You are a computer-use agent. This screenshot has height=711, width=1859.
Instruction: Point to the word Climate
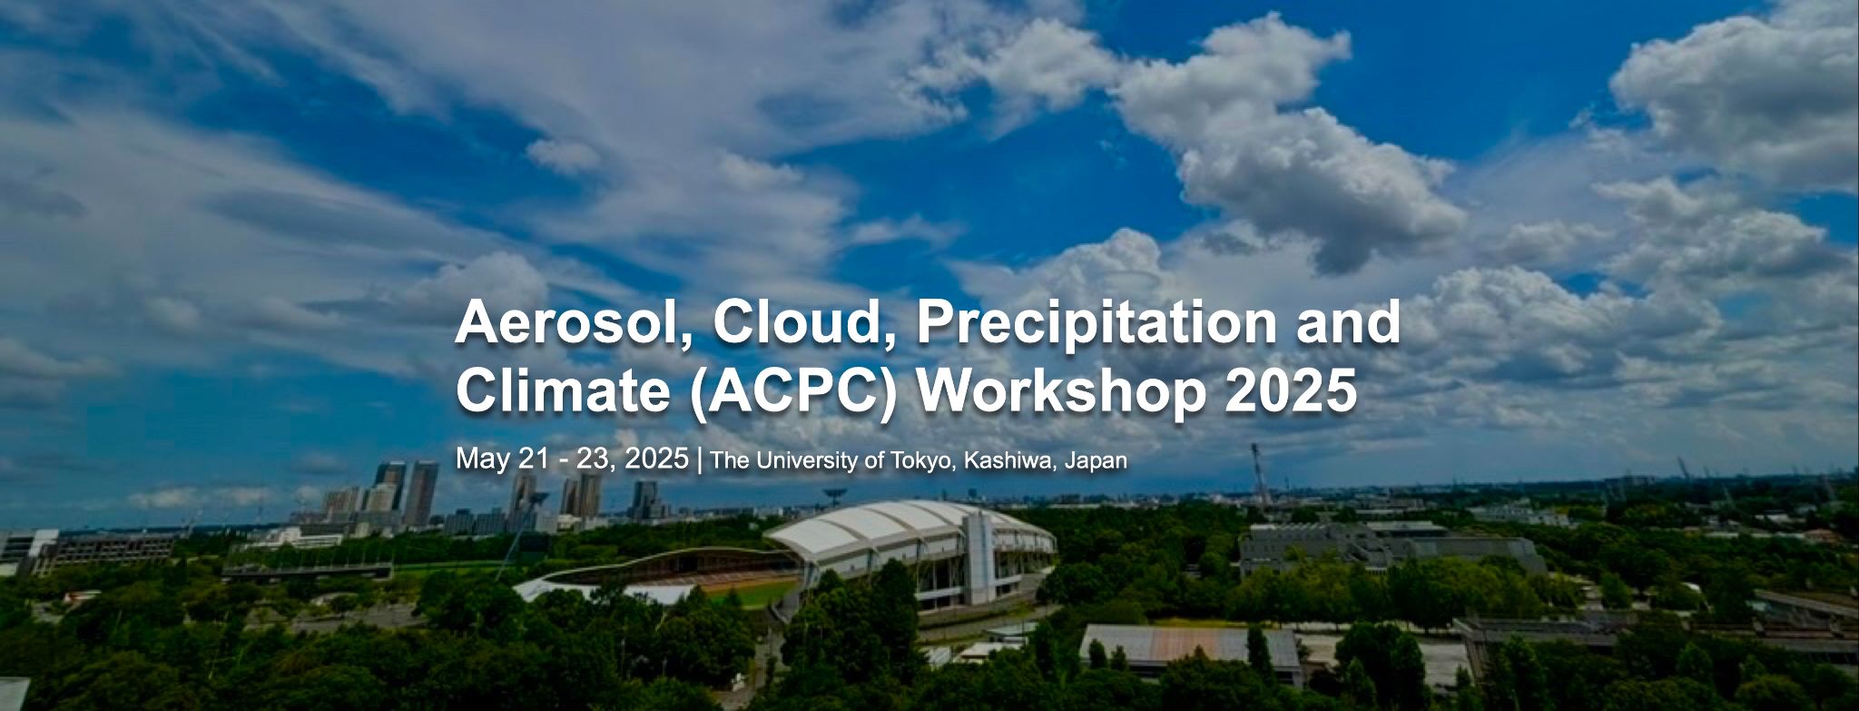coord(563,391)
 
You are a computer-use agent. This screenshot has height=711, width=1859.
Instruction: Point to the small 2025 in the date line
coord(657,458)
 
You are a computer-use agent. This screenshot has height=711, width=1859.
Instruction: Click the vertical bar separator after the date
coord(699,459)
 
